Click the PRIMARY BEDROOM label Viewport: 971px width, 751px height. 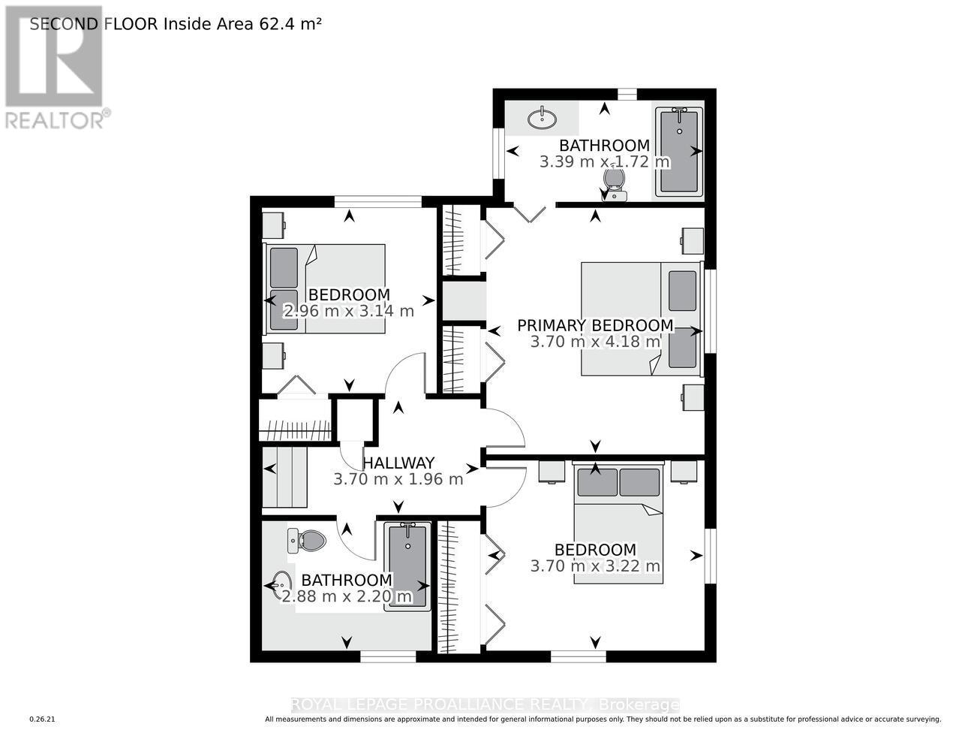[x=595, y=325]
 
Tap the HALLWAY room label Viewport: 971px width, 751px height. [x=398, y=463]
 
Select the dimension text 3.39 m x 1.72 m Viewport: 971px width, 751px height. [x=604, y=161]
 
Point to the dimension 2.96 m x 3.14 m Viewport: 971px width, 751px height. [x=348, y=311]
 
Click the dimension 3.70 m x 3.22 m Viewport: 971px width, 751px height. [x=595, y=566]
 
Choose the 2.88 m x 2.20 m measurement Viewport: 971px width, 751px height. [x=347, y=597]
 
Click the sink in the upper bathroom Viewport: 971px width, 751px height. [x=542, y=118]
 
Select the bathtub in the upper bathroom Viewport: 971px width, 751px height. [x=679, y=152]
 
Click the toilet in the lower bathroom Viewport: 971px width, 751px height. [x=307, y=540]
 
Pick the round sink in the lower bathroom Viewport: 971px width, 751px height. [x=283, y=583]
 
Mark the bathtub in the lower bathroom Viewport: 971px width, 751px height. [x=407, y=566]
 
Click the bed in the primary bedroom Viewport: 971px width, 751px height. [x=641, y=318]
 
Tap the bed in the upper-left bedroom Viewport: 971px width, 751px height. [x=324, y=288]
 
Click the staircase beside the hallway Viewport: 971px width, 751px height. [x=285, y=478]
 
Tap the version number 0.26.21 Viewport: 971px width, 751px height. [x=43, y=719]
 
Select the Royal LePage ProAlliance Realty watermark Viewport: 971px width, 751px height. [x=485, y=704]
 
